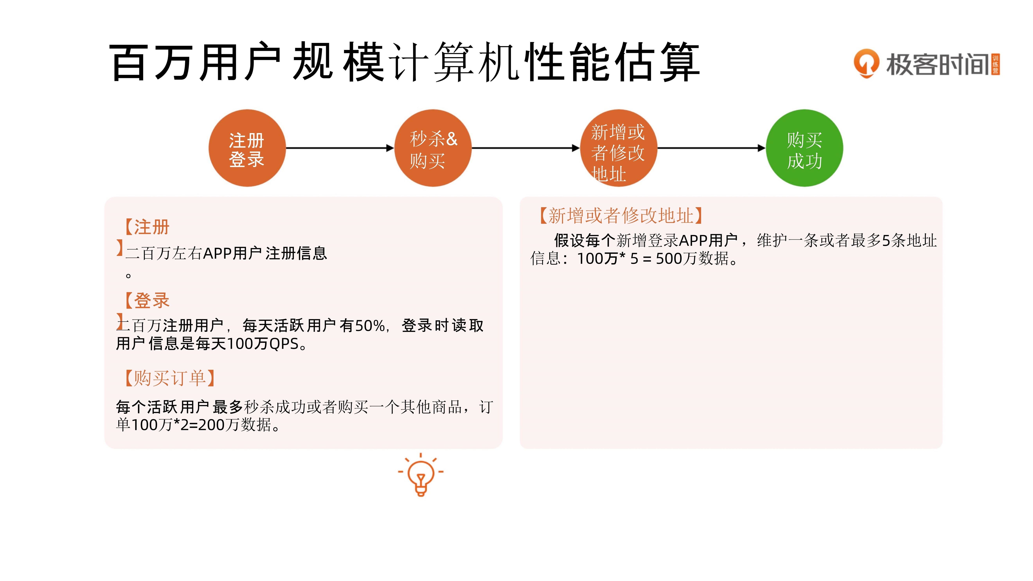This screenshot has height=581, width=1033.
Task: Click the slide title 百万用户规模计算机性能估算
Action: (x=405, y=62)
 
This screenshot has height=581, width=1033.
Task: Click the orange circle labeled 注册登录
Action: (x=247, y=148)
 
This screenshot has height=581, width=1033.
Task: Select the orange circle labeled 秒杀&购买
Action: (x=433, y=148)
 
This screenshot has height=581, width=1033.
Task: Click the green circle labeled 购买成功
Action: (x=804, y=148)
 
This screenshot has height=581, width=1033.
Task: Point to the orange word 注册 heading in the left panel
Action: (x=152, y=227)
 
